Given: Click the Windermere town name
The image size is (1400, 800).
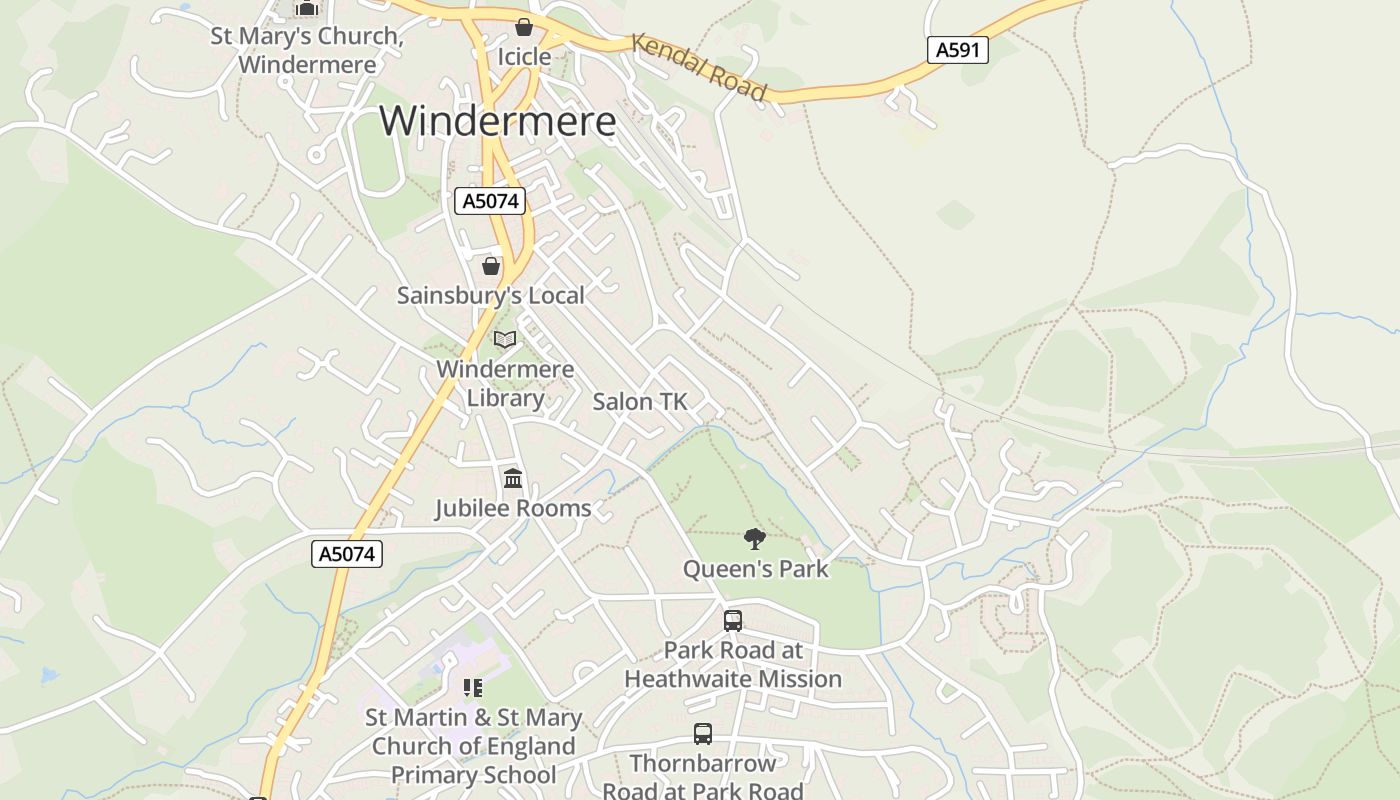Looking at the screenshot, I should (497, 121).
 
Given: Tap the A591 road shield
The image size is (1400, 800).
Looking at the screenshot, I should (957, 50).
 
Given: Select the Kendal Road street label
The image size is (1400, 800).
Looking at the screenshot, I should (699, 68).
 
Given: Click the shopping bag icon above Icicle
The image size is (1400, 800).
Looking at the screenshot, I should (523, 27).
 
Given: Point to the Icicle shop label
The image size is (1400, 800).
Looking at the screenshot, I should (524, 56).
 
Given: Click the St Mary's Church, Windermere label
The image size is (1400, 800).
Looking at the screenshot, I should (307, 50).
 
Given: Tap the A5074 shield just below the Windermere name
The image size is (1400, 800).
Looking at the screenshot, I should (490, 201).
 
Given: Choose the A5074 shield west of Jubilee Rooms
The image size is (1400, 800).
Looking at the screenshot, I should (347, 554).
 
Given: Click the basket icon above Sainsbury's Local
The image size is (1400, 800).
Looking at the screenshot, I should (490, 266).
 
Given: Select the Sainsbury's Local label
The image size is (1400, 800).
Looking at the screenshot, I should (490, 295).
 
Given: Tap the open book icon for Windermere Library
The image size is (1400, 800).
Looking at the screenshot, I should (505, 340).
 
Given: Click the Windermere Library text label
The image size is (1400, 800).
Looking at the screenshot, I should (505, 383).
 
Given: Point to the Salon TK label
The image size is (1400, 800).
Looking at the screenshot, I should (640, 402).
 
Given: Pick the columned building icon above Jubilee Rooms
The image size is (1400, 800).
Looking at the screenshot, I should (513, 478).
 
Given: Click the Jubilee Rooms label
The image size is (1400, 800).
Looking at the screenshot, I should (513, 508).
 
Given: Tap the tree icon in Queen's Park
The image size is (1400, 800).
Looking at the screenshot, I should (755, 539).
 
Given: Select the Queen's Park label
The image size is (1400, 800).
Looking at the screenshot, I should (755, 569).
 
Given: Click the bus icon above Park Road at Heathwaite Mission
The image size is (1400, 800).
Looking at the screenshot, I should (733, 620).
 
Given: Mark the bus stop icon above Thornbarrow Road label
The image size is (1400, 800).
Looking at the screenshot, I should (703, 734).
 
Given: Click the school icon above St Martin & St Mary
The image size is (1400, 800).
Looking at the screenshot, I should (473, 688).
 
